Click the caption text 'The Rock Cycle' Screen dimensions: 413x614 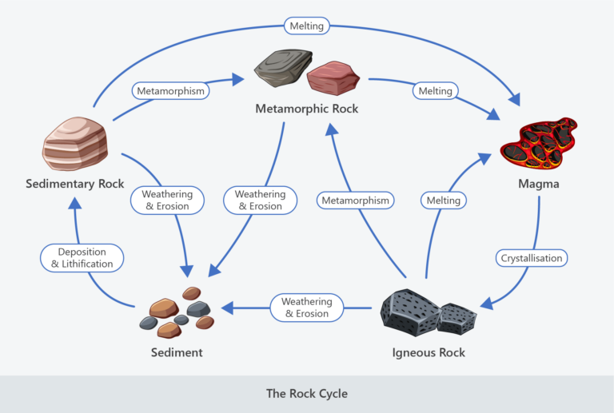(307, 394)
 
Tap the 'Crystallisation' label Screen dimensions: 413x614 (532, 258)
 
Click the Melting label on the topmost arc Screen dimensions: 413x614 (307, 26)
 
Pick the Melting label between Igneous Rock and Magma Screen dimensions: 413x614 (444, 201)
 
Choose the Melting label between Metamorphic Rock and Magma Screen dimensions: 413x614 (437, 91)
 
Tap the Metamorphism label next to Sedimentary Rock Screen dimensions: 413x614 (171, 91)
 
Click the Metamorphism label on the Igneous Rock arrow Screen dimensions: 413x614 (356, 201)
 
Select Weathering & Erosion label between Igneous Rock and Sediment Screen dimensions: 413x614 (306, 308)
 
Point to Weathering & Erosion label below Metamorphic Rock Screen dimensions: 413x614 (260, 201)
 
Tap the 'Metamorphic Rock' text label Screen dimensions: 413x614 (307, 108)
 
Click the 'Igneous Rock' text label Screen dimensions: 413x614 (429, 352)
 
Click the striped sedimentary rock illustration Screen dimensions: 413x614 (74, 145)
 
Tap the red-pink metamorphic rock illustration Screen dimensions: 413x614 (333, 77)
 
